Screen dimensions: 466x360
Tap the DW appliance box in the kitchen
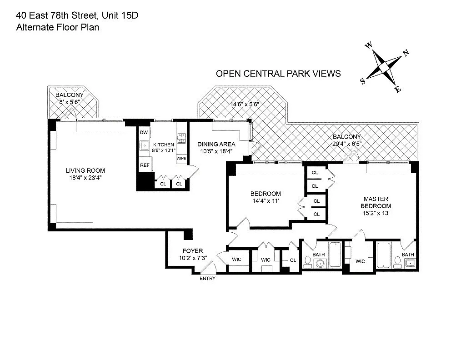pos(144,132)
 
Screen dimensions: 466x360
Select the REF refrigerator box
pos(144,165)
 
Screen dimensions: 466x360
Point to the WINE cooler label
pos(181,159)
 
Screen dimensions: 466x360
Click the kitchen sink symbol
pos(144,145)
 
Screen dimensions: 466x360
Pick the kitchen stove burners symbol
pos(181,135)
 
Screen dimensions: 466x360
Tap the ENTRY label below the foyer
pos(207,279)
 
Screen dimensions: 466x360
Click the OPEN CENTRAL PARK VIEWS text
pos(278,74)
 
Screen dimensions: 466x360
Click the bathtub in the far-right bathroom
pos(383,256)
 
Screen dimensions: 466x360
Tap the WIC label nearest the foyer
pos(236,260)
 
